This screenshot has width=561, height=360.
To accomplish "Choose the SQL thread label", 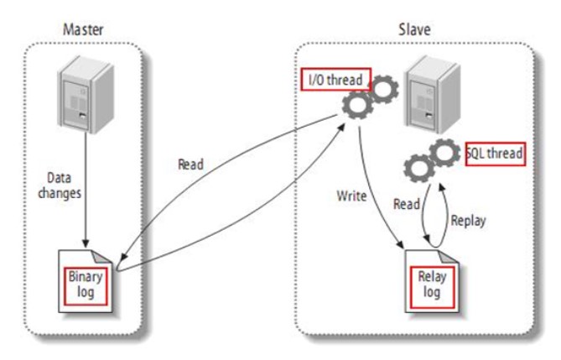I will click(495, 154).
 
